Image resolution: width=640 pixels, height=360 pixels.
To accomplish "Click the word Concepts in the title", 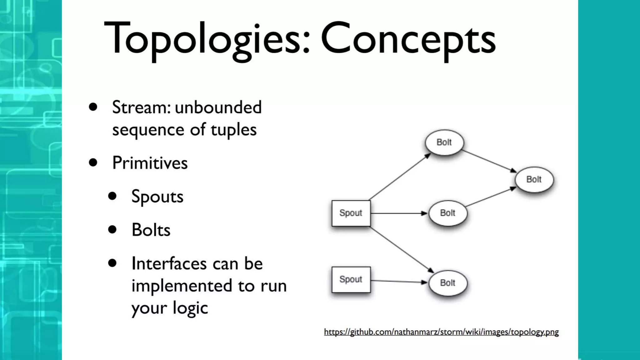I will pyautogui.click(x=408, y=39).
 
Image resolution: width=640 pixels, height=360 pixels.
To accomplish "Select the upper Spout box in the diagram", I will pyautogui.click(x=351, y=213).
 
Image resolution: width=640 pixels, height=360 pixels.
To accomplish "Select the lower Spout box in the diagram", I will pyautogui.click(x=351, y=279).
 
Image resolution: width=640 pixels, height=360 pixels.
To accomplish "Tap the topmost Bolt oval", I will pyautogui.click(x=444, y=142).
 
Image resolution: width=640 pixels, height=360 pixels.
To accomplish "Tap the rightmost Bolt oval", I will pyautogui.click(x=534, y=179).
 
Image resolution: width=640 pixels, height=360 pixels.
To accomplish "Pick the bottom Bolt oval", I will pyautogui.click(x=448, y=283).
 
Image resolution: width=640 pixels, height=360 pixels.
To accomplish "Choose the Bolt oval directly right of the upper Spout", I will pyautogui.click(x=448, y=213).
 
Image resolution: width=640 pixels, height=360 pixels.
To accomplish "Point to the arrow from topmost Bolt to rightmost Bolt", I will pyautogui.click(x=489, y=161).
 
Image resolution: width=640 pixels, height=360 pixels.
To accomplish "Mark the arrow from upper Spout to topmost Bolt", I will pyautogui.click(x=400, y=177).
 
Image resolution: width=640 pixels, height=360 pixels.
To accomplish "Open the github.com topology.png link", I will pyautogui.click(x=441, y=332).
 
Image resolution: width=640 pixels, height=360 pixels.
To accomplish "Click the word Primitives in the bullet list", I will pyautogui.click(x=150, y=163).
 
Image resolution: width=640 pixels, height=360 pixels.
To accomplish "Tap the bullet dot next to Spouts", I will pyautogui.click(x=112, y=196).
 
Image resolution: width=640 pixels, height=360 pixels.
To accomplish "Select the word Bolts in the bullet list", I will pyautogui.click(x=151, y=230).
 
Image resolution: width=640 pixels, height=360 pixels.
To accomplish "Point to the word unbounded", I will pyautogui.click(x=218, y=107).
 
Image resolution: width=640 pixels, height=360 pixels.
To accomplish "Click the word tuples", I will pyautogui.click(x=233, y=130).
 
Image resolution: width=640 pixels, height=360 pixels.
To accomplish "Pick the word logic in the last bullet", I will pyautogui.click(x=190, y=308).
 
